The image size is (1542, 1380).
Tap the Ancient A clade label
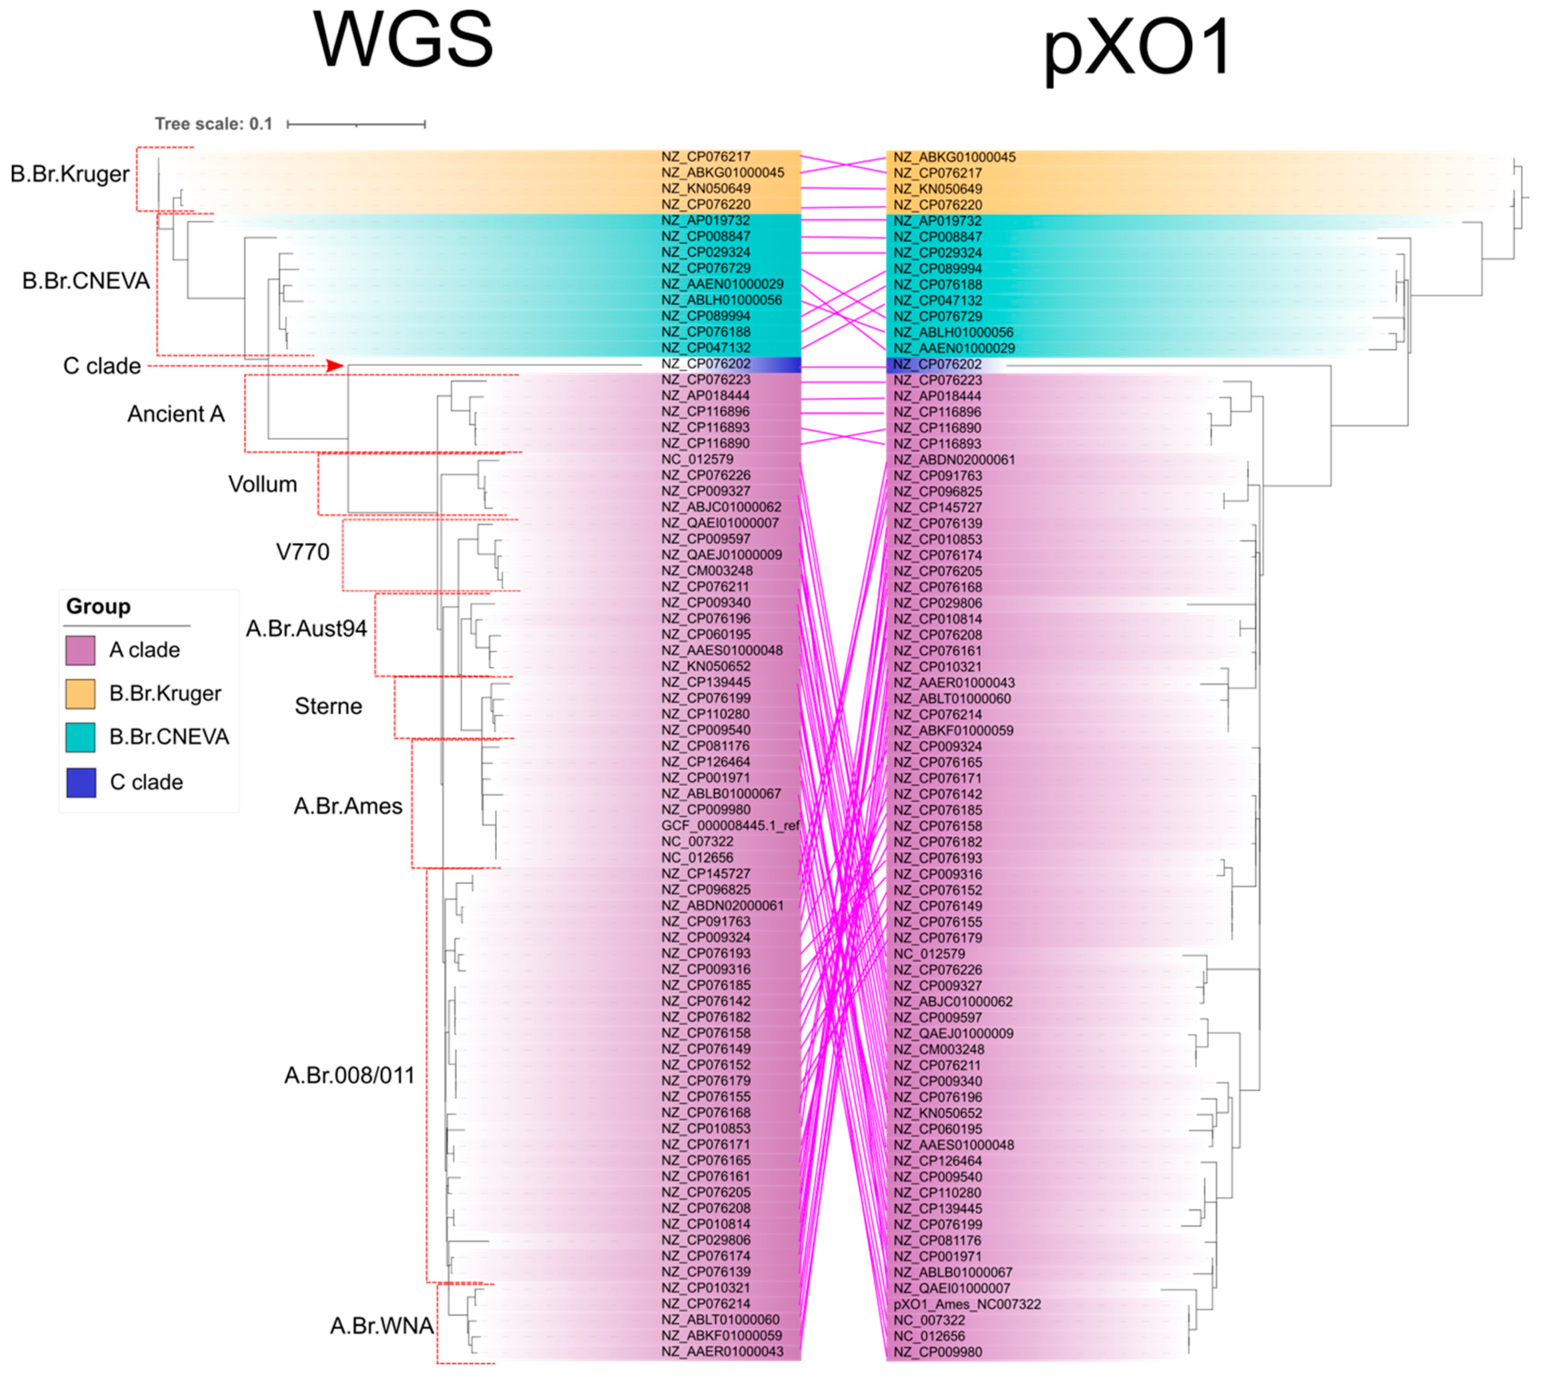click(176, 414)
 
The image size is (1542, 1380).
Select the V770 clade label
click(302, 552)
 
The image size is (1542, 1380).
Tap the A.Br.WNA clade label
click(381, 1325)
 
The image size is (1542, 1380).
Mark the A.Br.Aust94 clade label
click(306, 629)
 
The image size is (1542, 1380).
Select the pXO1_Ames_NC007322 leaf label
click(967, 1304)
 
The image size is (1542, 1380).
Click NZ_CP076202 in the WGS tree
click(706, 364)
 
